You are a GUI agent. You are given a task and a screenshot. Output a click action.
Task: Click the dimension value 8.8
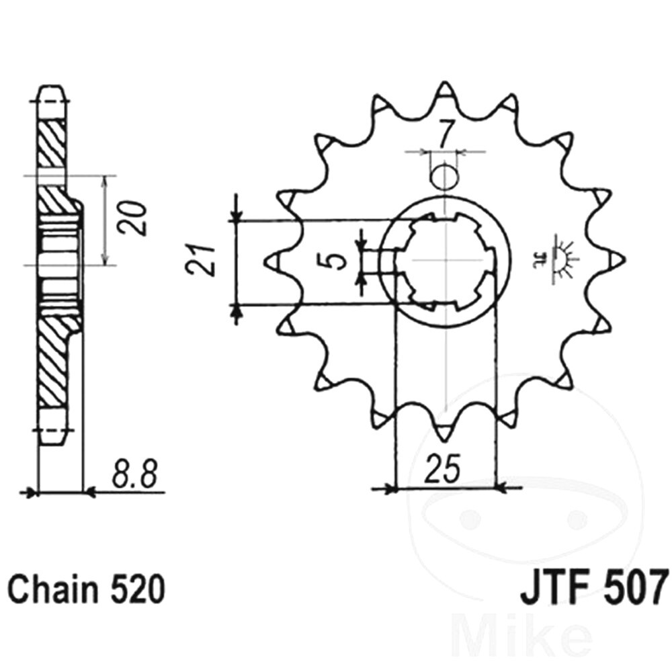coord(133,474)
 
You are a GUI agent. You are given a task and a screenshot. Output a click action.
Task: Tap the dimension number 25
coord(444,469)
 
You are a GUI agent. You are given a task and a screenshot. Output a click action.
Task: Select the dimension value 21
coord(200,261)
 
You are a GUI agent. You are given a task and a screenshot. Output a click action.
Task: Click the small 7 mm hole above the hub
coord(446,177)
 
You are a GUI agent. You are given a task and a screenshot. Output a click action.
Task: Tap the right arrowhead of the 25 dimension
coord(501,487)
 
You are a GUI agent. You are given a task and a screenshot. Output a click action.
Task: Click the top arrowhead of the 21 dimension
coord(236,215)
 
